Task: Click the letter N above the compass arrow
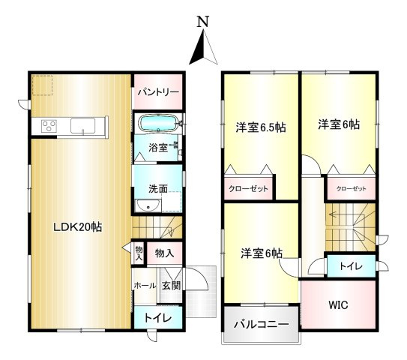202,22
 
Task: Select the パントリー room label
157,92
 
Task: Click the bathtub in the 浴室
157,121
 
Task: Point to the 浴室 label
157,147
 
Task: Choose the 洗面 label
157,189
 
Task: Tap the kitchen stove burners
49,125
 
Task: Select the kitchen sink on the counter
81,126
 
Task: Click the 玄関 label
171,285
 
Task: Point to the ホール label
145,285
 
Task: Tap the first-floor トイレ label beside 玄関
157,318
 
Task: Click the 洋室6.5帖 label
261,127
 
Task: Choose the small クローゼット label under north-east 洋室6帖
351,189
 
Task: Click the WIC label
337,305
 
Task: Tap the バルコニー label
260,325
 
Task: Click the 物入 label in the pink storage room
164,254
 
